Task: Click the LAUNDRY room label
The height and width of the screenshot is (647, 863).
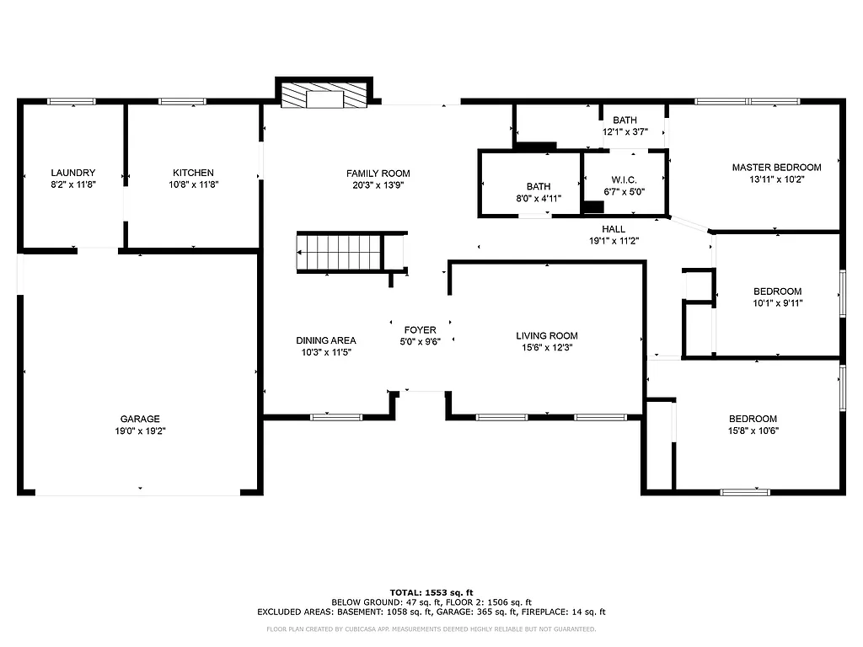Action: pyautogui.click(x=72, y=173)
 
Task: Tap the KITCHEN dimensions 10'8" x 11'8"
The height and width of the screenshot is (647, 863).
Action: pyautogui.click(x=193, y=184)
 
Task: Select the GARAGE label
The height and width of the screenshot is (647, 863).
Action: pyautogui.click(x=140, y=419)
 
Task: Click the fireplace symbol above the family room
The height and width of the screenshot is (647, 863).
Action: pyautogui.click(x=324, y=95)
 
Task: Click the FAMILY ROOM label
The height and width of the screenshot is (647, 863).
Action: pyautogui.click(x=378, y=174)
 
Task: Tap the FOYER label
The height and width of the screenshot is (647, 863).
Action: pyautogui.click(x=421, y=330)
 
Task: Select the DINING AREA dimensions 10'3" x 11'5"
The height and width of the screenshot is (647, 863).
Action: pyautogui.click(x=326, y=352)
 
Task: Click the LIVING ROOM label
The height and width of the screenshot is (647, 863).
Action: pyautogui.click(x=547, y=336)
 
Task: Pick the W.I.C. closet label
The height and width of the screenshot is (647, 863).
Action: pyautogui.click(x=624, y=180)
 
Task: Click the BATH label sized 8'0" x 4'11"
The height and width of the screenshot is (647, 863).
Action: pyautogui.click(x=539, y=187)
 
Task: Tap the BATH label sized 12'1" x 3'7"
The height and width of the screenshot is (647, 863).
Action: pyautogui.click(x=625, y=120)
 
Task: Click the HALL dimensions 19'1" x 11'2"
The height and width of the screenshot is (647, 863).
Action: pyautogui.click(x=614, y=240)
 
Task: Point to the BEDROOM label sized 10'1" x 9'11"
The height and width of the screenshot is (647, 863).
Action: pyautogui.click(x=777, y=291)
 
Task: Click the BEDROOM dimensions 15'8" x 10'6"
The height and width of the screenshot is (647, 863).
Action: pyautogui.click(x=753, y=430)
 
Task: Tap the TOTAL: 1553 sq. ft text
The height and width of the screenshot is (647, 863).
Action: pyautogui.click(x=431, y=591)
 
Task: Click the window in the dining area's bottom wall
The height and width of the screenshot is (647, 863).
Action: pyautogui.click(x=336, y=416)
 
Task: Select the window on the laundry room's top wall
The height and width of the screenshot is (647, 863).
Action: pyautogui.click(x=72, y=102)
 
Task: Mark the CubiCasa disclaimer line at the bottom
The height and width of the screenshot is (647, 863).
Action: pyautogui.click(x=431, y=629)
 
